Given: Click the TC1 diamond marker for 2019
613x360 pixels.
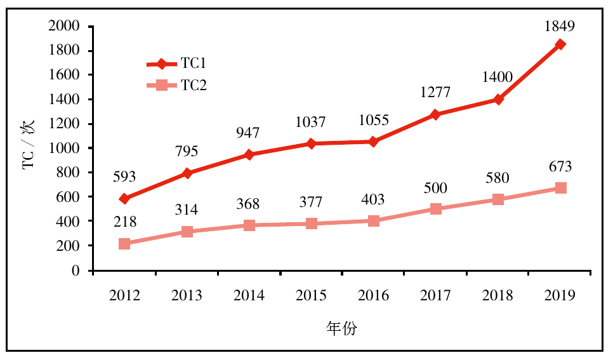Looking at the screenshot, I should [x=560, y=44].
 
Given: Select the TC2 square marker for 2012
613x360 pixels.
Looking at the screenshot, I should [x=124, y=244].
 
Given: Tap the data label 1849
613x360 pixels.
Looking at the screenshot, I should [x=560, y=27].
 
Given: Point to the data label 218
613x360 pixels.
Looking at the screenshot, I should [x=124, y=222].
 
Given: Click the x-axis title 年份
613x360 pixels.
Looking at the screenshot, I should [x=342, y=328].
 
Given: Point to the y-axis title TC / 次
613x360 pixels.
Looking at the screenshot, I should [x=30, y=149].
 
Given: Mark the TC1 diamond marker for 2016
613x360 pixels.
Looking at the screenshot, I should [x=373, y=142].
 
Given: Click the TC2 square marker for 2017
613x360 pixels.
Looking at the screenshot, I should [x=435, y=209].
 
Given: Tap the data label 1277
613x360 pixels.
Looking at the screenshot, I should [x=435, y=93].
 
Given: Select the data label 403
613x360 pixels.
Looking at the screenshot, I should [x=373, y=200].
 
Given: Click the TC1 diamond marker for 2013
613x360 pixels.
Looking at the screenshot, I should [x=187, y=173].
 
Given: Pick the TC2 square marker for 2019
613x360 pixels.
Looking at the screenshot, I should [x=560, y=188].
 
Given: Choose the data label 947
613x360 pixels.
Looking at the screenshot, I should [x=249, y=133].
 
